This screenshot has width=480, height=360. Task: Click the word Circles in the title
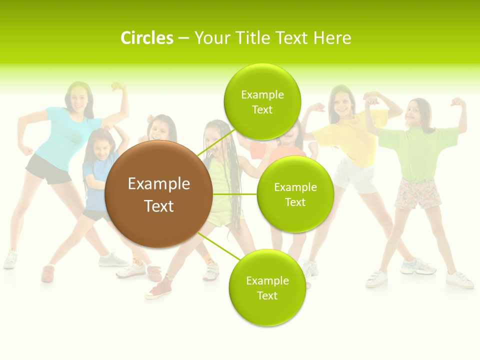click(146, 38)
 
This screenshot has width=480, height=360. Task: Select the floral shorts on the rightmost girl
click(418, 194)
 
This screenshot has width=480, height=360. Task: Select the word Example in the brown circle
click(158, 184)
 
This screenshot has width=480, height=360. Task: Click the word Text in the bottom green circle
click(267, 295)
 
